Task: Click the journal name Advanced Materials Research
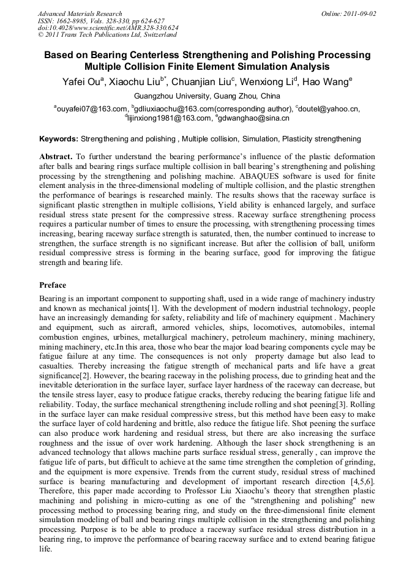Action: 80,13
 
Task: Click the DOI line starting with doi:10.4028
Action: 108,28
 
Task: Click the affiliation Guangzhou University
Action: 172,96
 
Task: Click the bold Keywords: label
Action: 59,139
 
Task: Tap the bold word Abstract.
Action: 56,157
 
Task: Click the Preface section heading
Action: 53,285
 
